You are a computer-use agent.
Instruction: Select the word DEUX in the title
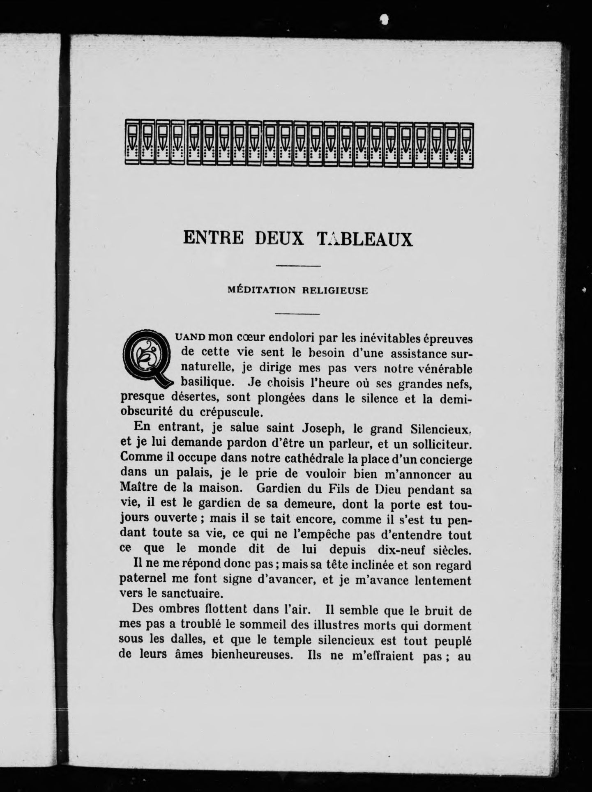coord(279,238)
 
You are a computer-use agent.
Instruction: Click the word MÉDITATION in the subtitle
coord(261,290)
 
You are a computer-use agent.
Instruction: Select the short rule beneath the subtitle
coord(297,315)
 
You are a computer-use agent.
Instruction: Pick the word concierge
coord(444,459)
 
